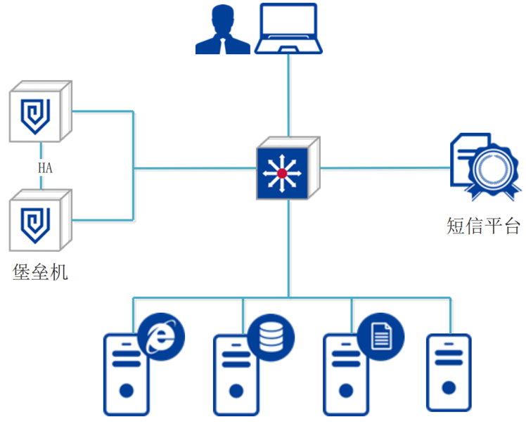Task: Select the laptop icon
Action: [289, 29]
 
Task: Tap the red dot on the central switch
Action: [282, 172]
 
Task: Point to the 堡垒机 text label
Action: [40, 271]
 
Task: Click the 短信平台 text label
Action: [484, 226]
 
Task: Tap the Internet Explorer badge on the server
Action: [161, 335]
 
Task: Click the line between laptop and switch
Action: [288, 95]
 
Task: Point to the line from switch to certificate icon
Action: [383, 168]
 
